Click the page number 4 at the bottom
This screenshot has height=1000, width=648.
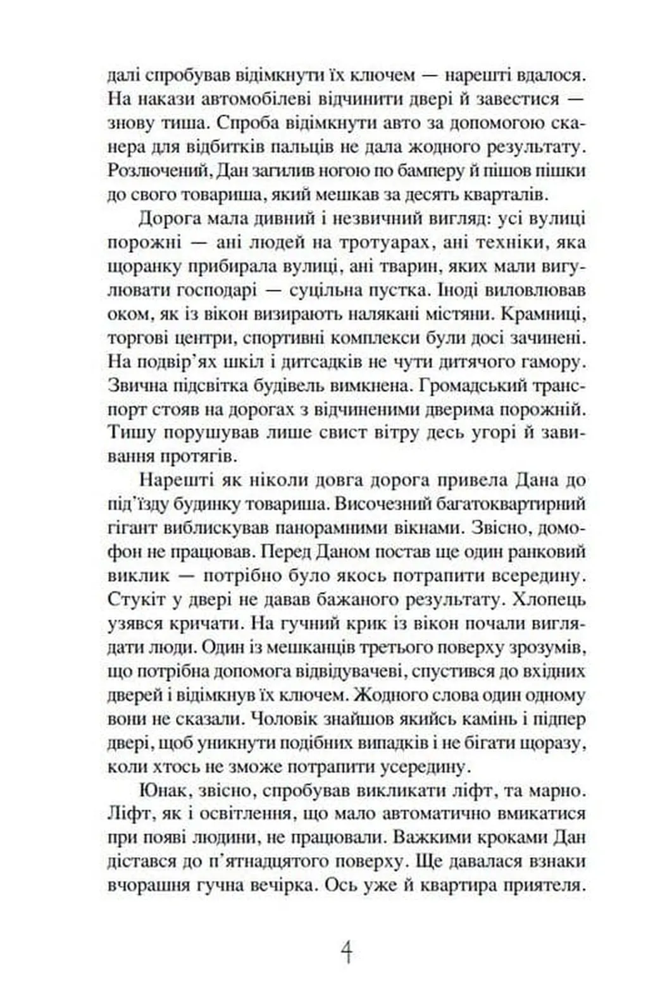(x=346, y=951)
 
